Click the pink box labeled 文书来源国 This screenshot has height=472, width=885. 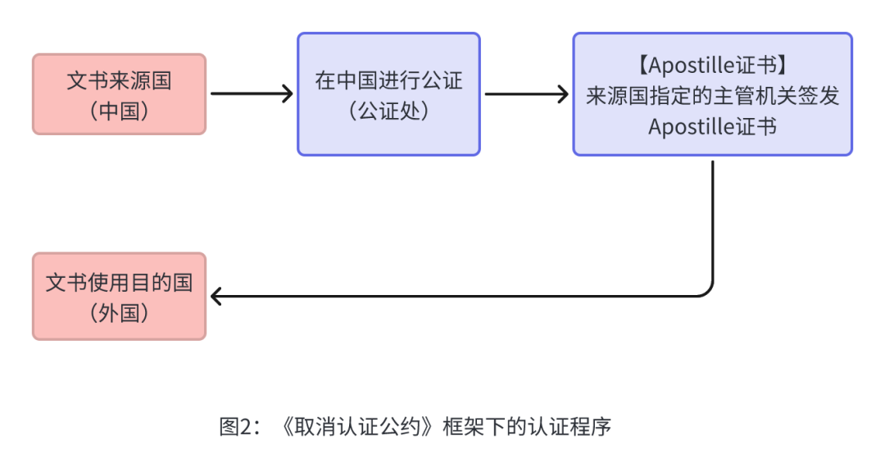tap(119, 93)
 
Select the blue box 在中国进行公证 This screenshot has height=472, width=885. tap(388, 93)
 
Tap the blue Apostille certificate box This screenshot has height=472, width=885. tap(712, 93)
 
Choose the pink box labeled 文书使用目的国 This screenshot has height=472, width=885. tap(119, 296)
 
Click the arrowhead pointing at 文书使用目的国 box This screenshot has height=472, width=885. tap(217, 296)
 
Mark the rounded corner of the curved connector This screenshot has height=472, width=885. tap(707, 290)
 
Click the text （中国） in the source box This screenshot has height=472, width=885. tap(119, 111)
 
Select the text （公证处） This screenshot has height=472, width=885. tap(388, 111)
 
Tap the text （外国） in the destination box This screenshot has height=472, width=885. tap(119, 313)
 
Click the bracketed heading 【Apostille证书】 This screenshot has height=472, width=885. tap(712, 64)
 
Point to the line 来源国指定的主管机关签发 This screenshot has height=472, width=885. tap(712, 95)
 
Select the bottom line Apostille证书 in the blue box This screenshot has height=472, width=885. tap(712, 126)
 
